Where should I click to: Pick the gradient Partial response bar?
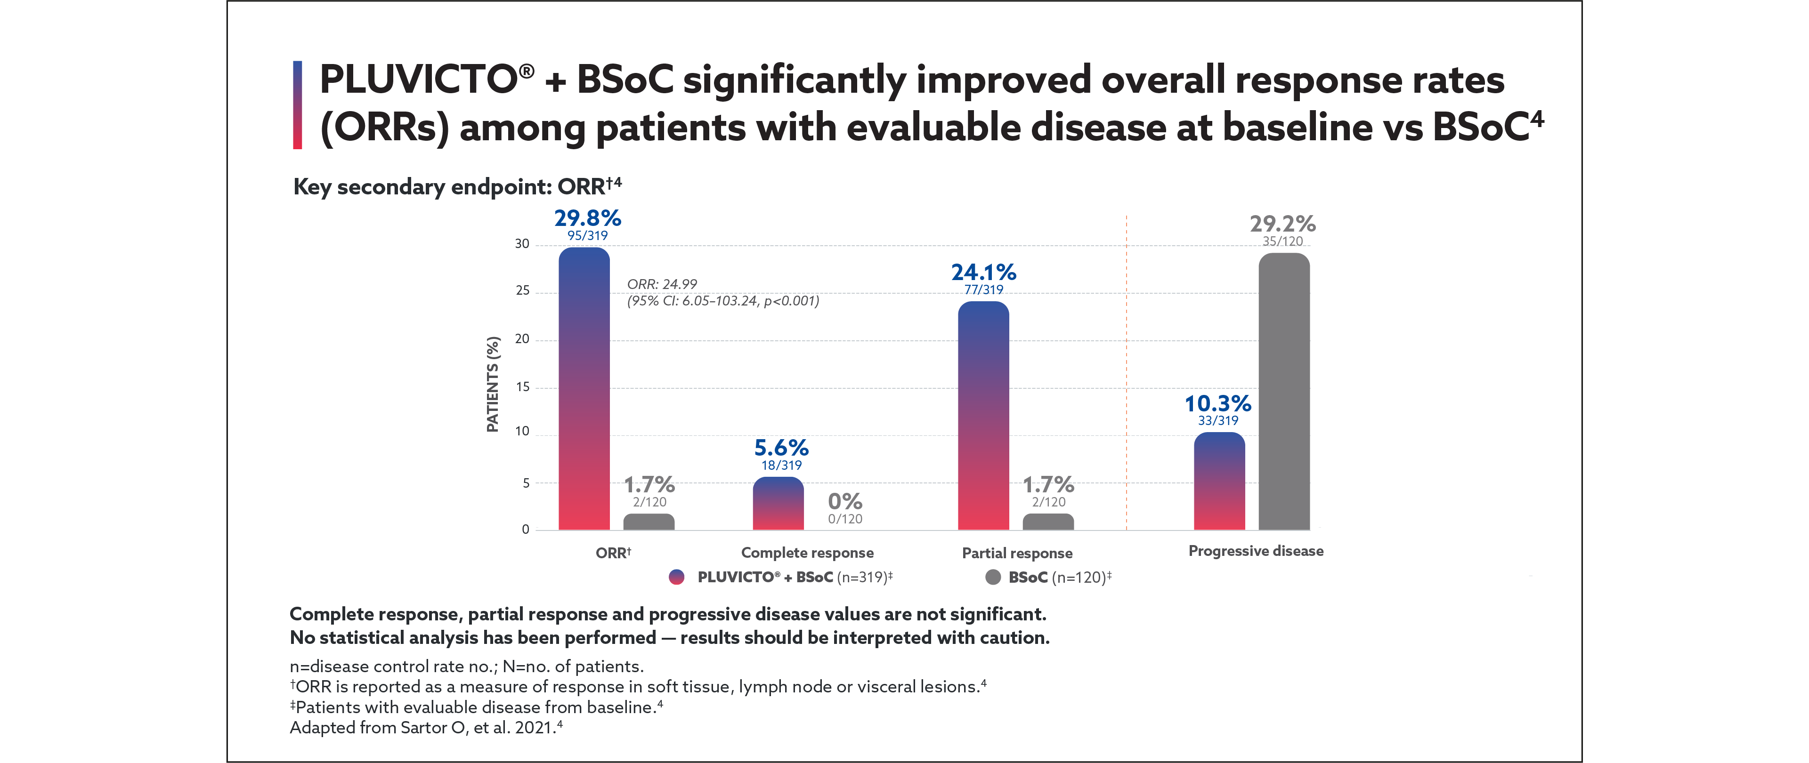pos(983,416)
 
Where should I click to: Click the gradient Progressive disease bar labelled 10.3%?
pos(1219,482)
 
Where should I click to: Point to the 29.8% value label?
pos(587,218)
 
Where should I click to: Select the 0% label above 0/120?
pos(845,501)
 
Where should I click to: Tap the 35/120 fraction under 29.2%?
pos(1282,241)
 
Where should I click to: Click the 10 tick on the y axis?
pos(522,431)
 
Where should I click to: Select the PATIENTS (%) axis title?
pos(493,384)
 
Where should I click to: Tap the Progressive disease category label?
pos(1256,551)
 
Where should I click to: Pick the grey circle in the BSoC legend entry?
pos(993,577)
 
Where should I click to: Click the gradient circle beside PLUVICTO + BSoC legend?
pos(676,577)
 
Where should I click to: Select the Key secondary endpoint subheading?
pos(456,187)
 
